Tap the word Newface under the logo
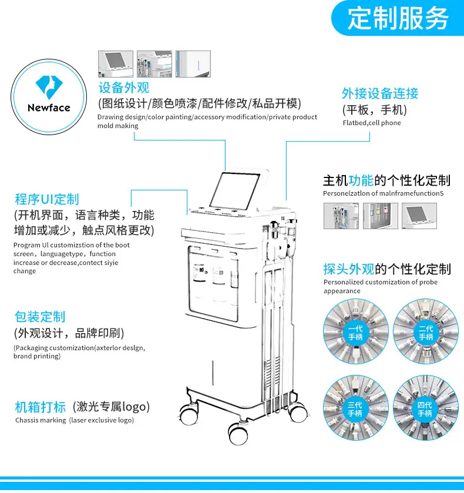pyautogui.click(x=49, y=108)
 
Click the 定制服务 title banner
pyautogui.click(x=398, y=18)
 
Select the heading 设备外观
pyautogui.click(x=124, y=88)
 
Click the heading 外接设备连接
pyautogui.click(x=380, y=93)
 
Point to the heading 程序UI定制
pyautogui.click(x=47, y=199)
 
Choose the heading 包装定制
pyautogui.click(x=40, y=317)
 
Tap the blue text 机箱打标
pyautogui.click(x=41, y=407)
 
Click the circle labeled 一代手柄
pyautogui.click(x=356, y=331)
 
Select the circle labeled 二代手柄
pyautogui.click(x=426, y=331)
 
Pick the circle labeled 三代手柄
pyautogui.click(x=356, y=408)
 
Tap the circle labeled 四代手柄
pyautogui.click(x=426, y=408)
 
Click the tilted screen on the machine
pyautogui.click(x=234, y=190)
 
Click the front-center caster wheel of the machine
pyautogui.click(x=238, y=434)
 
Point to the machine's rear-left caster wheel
pyautogui.click(x=189, y=414)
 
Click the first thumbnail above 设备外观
pyautogui.click(x=116, y=64)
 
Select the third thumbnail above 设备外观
pyautogui.click(x=193, y=64)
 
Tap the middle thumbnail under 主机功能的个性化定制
pyautogui.click(x=381, y=216)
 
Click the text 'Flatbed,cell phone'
pyautogui.click(x=372, y=123)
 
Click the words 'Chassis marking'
pyautogui.click(x=41, y=420)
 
